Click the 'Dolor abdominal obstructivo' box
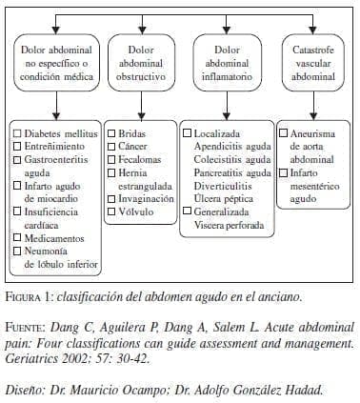[x=138, y=64]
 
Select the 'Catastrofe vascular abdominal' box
[x=310, y=64]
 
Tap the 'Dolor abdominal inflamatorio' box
[x=223, y=64]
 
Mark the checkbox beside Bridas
[x=111, y=134]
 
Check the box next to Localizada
[x=188, y=134]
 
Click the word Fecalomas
[x=141, y=161]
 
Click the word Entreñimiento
[x=58, y=148]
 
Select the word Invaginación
[x=146, y=200]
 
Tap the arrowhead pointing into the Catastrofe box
[x=310, y=32]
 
